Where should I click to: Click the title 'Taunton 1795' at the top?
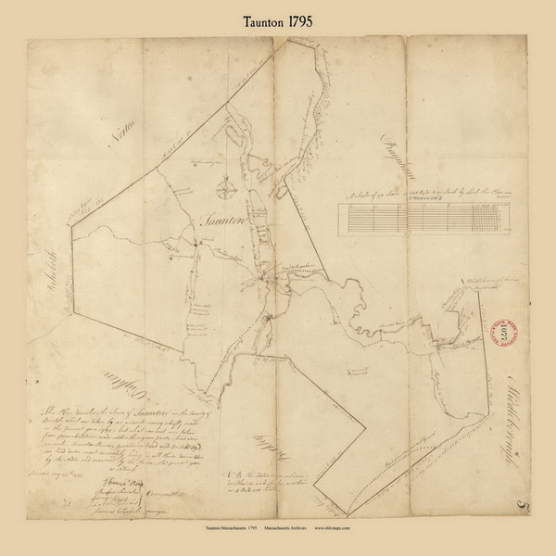277,16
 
